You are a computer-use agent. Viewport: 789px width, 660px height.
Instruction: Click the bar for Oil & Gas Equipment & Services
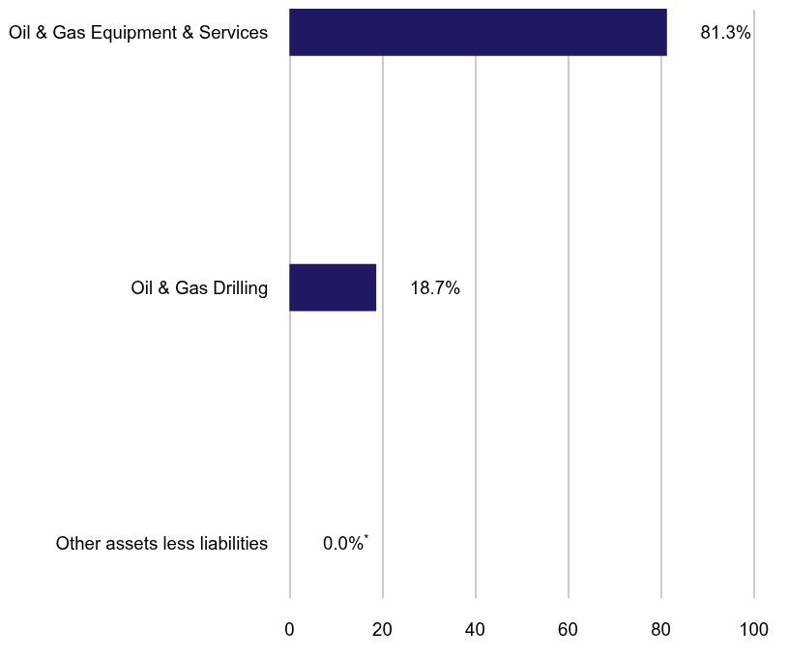478,32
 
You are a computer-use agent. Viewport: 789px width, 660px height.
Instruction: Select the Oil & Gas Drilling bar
333,287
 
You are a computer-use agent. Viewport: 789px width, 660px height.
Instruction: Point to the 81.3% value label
725,33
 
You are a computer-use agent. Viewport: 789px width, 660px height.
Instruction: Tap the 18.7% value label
435,288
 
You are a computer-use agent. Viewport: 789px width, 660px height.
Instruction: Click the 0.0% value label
342,544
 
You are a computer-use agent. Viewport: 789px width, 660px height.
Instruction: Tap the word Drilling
238,288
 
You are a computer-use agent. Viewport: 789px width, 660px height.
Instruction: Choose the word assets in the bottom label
128,544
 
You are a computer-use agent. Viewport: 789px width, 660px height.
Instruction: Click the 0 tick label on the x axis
289,630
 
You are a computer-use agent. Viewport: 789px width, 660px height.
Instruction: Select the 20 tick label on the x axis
382,630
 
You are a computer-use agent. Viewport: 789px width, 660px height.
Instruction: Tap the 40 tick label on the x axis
475,630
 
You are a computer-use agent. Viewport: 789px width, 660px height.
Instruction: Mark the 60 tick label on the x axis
568,630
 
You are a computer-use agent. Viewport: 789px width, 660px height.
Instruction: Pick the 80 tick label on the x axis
660,630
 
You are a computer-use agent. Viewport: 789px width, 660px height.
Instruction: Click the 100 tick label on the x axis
753,630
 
